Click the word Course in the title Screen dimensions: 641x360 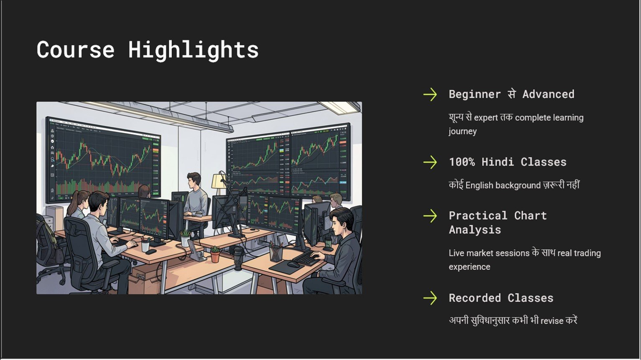click(76, 50)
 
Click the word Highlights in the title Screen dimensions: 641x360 click(193, 51)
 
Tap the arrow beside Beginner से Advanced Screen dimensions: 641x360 click(430, 94)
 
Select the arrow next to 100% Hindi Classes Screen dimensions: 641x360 click(430, 162)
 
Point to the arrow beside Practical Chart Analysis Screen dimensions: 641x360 click(430, 216)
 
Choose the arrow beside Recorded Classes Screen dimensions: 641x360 click(430, 298)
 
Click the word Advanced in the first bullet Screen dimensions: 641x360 click(548, 94)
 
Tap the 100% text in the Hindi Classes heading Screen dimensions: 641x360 click(462, 162)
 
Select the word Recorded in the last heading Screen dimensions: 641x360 click(475, 298)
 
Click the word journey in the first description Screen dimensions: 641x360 click(463, 132)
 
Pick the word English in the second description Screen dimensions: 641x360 click(479, 185)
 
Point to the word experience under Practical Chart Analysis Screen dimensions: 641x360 click(469, 267)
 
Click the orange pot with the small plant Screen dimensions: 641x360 click(215, 256)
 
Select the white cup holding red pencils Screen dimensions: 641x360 click(145, 246)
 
